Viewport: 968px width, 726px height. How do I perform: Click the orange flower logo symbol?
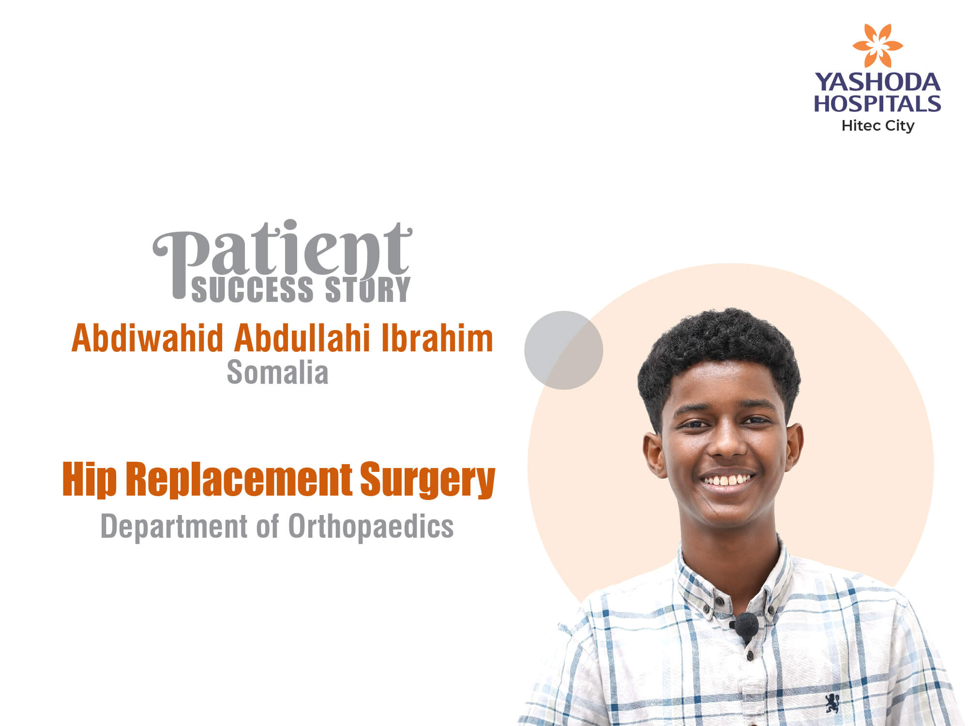[877, 45]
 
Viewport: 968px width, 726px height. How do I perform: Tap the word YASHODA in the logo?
[877, 82]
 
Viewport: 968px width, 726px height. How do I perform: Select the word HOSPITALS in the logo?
[877, 104]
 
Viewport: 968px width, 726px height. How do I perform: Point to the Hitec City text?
[878, 126]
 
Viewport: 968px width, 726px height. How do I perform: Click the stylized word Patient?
[282, 257]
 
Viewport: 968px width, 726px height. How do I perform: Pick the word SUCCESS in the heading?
[253, 289]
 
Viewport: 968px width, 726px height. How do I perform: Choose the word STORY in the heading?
[367, 289]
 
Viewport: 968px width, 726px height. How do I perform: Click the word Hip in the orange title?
[90, 479]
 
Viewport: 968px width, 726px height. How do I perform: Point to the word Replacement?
[239, 479]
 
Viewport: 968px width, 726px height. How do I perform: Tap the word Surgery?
[428, 480]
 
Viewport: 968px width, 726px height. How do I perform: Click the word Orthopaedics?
[371, 526]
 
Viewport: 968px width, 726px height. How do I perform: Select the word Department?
[174, 527]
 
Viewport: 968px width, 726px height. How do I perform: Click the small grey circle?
[563, 350]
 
